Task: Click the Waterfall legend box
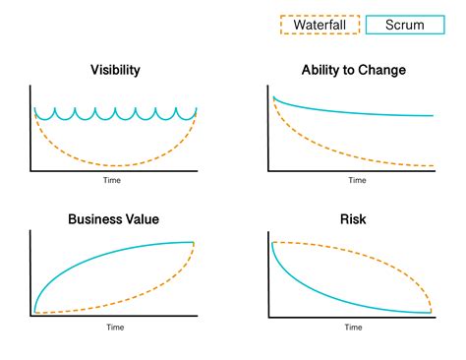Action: click(320, 25)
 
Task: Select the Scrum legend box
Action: click(403, 25)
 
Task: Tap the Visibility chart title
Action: click(115, 70)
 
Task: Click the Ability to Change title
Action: click(354, 70)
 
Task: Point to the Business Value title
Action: click(114, 218)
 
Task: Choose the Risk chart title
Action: click(353, 218)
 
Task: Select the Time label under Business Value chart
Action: click(115, 327)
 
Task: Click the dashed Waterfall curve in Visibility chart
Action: click(115, 164)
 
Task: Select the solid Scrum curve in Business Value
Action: click(98, 261)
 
